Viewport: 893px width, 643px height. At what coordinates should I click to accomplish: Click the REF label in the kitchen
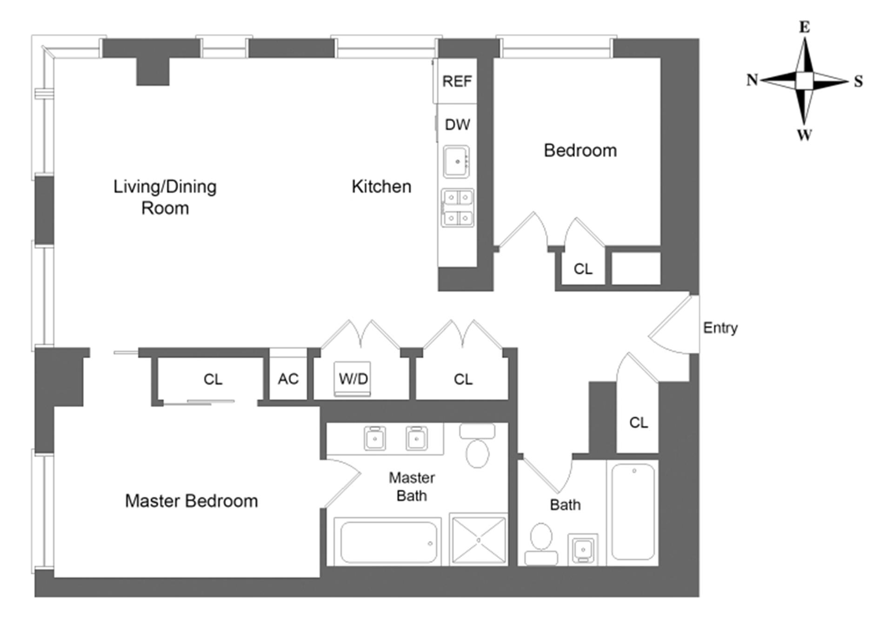click(457, 82)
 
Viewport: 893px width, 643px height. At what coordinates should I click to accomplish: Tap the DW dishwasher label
click(457, 125)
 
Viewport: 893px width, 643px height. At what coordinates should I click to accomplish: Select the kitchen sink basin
click(456, 162)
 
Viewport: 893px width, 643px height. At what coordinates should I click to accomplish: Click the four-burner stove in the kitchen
click(458, 208)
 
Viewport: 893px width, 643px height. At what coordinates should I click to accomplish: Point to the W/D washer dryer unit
click(353, 379)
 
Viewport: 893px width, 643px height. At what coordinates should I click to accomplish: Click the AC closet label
click(288, 379)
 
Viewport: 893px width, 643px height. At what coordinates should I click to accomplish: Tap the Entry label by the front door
click(720, 328)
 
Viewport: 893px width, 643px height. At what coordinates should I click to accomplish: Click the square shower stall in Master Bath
click(479, 540)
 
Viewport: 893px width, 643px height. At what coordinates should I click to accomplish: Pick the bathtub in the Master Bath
click(388, 542)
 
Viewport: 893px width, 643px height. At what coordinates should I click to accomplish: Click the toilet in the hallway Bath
click(541, 544)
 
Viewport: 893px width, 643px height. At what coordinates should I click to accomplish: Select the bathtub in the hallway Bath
click(633, 511)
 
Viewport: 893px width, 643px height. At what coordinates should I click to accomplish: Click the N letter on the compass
click(752, 80)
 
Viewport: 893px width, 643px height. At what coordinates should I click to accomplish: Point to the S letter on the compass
click(858, 82)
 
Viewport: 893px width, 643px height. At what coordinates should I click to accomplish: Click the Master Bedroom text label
click(191, 501)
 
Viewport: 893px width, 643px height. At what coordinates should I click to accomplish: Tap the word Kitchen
click(381, 187)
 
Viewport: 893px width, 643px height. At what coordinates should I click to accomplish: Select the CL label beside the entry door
click(638, 423)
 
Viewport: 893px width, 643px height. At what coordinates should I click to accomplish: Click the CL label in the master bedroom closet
click(213, 380)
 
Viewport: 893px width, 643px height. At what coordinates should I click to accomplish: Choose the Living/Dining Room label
click(165, 197)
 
